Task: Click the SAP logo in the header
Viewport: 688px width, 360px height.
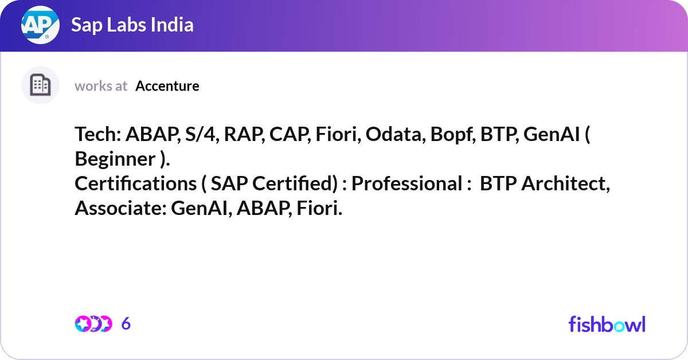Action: coord(40,25)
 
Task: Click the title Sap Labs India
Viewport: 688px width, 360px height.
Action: coord(132,25)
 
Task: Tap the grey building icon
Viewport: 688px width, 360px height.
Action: coord(40,85)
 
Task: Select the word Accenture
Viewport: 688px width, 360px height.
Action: coord(167,86)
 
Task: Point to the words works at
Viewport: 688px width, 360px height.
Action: coord(101,86)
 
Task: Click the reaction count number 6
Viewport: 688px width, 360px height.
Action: coord(126,324)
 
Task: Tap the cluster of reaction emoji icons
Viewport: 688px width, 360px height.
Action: coord(93,324)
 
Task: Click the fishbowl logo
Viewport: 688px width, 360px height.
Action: coord(607,324)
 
